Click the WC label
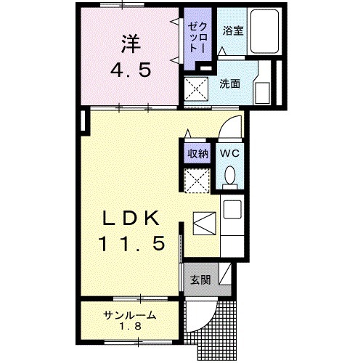pyautogui.click(x=230, y=154)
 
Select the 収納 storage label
pyautogui.click(x=198, y=153)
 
